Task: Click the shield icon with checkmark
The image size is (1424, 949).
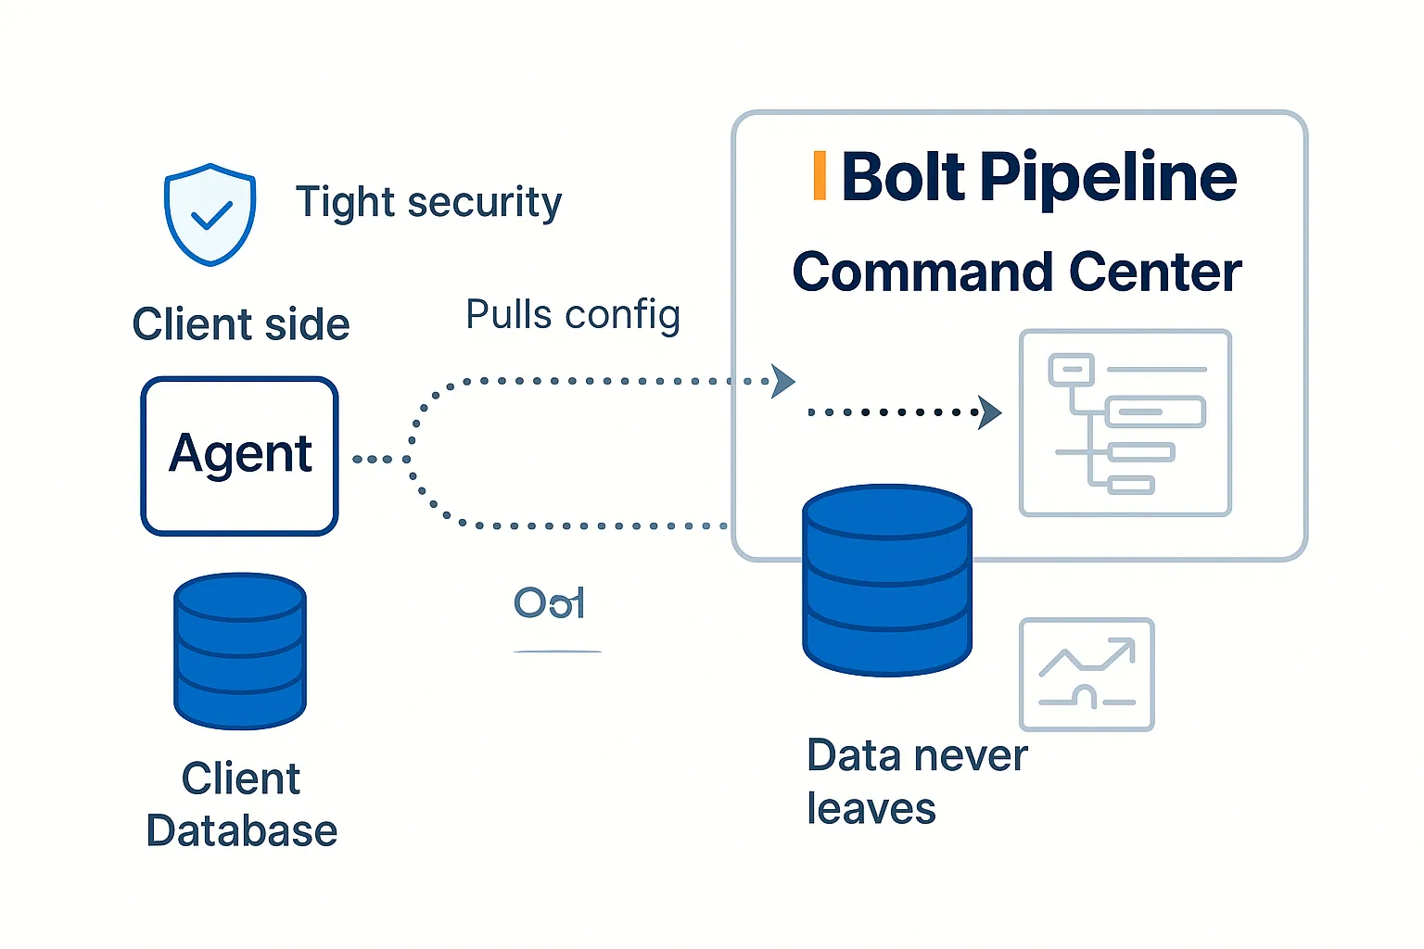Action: pos(210,215)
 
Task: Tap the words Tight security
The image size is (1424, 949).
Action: pos(428,202)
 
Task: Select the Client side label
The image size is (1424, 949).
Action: pos(241,324)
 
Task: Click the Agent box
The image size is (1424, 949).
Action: pos(239,455)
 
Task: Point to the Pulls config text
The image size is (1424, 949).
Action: pos(573,315)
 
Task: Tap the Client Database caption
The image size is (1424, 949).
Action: pos(241,804)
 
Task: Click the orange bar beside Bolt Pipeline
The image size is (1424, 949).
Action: pos(819,175)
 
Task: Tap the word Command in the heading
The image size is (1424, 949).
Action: pos(923,272)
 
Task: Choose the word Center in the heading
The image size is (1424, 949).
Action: pos(1154,272)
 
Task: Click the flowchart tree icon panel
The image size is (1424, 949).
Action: pos(1125,423)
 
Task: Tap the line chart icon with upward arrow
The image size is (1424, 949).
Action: pos(1087,675)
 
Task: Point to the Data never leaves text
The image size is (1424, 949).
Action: pos(916,781)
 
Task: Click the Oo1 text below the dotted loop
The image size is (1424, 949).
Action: pos(549,603)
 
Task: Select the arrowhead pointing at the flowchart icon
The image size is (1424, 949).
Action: pos(990,412)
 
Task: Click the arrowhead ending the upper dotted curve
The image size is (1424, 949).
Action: pos(783,381)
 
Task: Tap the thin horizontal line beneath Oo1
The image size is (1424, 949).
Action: pos(557,652)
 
